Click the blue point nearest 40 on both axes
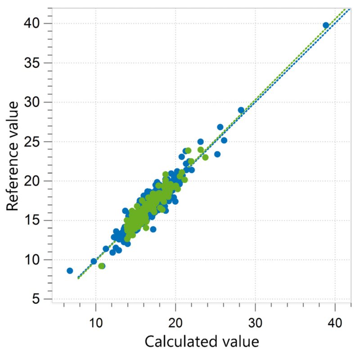click(x=326, y=25)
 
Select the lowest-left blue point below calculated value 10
click(x=70, y=270)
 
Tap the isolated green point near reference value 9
click(x=102, y=266)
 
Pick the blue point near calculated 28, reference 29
click(x=241, y=110)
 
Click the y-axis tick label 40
click(x=34, y=23)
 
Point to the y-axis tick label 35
click(x=34, y=63)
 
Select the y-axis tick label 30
click(x=34, y=102)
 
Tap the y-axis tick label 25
click(x=34, y=141)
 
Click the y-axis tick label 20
click(x=34, y=181)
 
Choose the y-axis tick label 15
click(x=34, y=220)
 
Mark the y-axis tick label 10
click(x=34, y=260)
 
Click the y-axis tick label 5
click(x=38, y=299)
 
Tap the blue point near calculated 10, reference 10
click(x=94, y=261)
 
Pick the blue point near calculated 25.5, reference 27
click(x=220, y=127)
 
